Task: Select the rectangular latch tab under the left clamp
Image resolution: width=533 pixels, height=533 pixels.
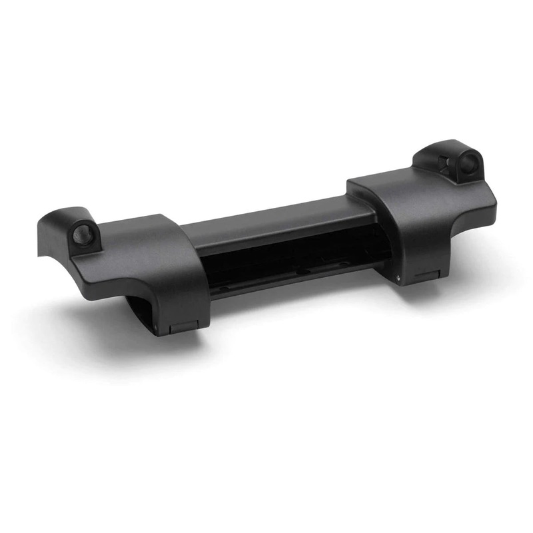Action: point(182,327)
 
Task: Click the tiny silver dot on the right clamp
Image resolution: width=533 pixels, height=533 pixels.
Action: point(398,278)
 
